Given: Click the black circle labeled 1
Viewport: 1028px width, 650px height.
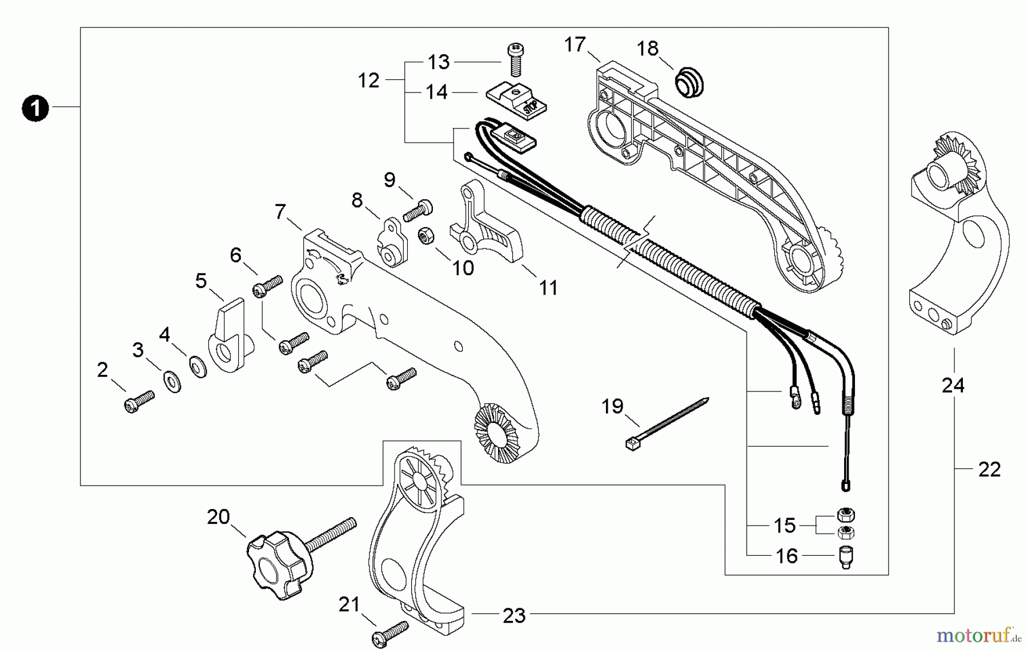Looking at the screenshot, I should click(35, 108).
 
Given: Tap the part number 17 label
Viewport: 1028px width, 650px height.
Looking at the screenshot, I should click(575, 45).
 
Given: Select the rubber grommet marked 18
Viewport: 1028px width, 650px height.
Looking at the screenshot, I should click(689, 83).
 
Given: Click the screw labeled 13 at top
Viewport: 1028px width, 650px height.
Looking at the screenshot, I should click(516, 60).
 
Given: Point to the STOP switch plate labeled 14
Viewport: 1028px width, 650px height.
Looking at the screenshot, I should click(517, 101).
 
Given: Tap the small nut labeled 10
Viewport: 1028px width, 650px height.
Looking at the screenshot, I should click(425, 236).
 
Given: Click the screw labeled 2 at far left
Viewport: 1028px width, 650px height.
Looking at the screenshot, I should click(139, 401).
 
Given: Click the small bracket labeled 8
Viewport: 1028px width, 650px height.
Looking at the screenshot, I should click(392, 243).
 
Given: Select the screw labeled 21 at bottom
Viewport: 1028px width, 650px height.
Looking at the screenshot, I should click(391, 632).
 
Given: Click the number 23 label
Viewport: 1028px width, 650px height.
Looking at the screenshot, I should click(514, 615).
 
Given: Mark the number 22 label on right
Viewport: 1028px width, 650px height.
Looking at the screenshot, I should click(989, 470).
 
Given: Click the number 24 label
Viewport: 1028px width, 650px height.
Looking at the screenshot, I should click(953, 386).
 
